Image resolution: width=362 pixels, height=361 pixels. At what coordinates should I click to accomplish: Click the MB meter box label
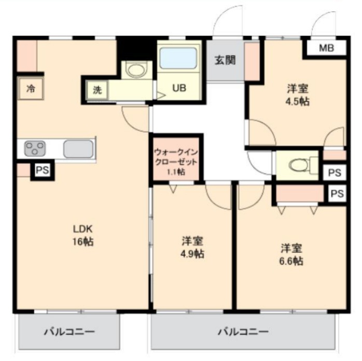[x=326, y=48]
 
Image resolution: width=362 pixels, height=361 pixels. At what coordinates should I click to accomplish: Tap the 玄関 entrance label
[x=225, y=60]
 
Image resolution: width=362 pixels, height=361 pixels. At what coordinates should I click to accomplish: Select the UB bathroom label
[x=179, y=88]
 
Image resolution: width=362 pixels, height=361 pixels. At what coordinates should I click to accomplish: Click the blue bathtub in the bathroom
[x=178, y=58]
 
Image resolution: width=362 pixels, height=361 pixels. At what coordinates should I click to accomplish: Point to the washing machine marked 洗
[x=97, y=90]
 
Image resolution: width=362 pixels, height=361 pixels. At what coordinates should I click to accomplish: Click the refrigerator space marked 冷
[x=31, y=88]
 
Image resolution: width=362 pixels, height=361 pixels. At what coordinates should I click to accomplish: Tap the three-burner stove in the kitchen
[x=35, y=149]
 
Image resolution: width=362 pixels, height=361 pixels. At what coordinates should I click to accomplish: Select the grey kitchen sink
[x=78, y=149]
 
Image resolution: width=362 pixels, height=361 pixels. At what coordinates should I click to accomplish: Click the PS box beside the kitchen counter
[x=43, y=170]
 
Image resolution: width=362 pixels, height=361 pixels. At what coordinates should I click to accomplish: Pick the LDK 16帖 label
[x=83, y=235]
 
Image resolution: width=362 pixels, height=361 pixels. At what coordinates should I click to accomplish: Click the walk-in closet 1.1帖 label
[x=176, y=162]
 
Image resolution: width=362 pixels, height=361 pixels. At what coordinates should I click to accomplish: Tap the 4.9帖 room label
[x=192, y=248]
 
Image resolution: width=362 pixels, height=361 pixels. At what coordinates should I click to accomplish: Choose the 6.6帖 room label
[x=291, y=254]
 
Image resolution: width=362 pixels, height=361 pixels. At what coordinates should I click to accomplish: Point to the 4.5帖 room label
[x=298, y=95]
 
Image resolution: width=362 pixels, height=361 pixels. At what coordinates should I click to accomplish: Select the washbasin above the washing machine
[x=136, y=70]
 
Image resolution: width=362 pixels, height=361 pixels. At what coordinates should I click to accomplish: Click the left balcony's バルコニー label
[x=69, y=332]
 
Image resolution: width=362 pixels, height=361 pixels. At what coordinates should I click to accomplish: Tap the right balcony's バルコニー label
[x=244, y=331]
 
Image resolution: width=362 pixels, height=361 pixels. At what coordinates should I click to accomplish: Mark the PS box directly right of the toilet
[x=335, y=172]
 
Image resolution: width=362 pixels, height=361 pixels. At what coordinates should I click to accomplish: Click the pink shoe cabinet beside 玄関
[x=252, y=61]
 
